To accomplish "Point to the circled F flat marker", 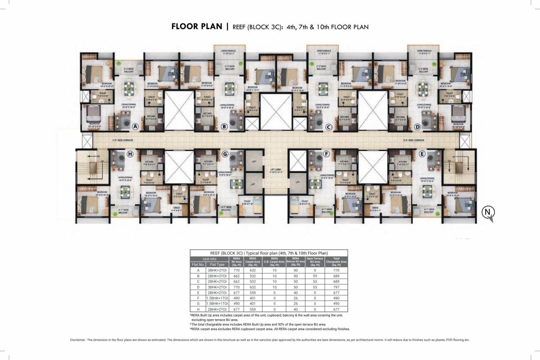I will (x=326, y=154).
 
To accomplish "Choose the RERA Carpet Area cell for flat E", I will (x=253, y=292).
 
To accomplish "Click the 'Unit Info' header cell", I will (x=209, y=259).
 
